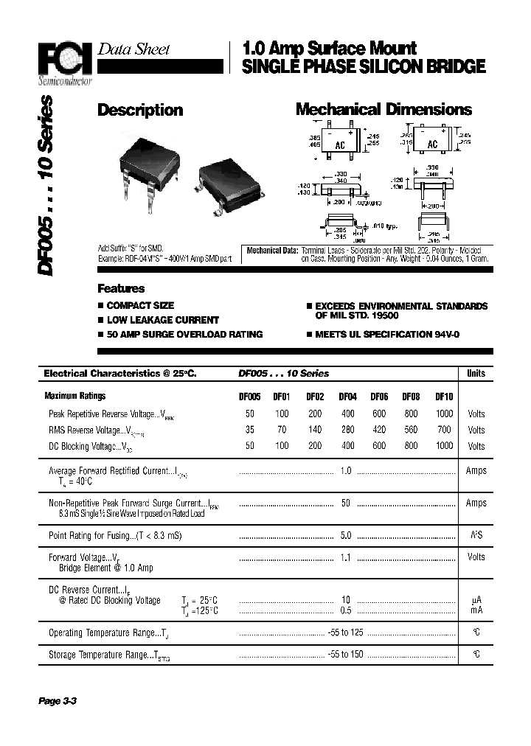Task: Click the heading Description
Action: pyautogui.click(x=140, y=110)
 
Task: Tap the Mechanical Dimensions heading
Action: pyautogui.click(x=383, y=110)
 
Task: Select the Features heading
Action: pyautogui.click(x=121, y=288)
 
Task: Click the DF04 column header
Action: pyautogui.click(x=347, y=396)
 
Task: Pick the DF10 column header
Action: pyautogui.click(x=444, y=396)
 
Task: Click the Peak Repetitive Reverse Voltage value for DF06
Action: pyautogui.click(x=379, y=414)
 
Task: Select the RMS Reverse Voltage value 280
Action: pyautogui.click(x=347, y=430)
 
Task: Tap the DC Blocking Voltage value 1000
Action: pyautogui.click(x=444, y=446)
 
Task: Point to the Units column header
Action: pyautogui.click(x=476, y=374)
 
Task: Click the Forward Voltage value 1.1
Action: pyautogui.click(x=345, y=558)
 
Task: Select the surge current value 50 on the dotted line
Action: pyautogui.click(x=345, y=503)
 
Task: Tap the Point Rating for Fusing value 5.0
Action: pyautogui.click(x=345, y=536)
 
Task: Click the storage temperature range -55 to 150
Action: pyautogui.click(x=346, y=654)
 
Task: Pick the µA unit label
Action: pyautogui.click(x=476, y=601)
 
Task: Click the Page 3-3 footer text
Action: pyautogui.click(x=58, y=701)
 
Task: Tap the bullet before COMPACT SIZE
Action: pyautogui.click(x=101, y=305)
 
